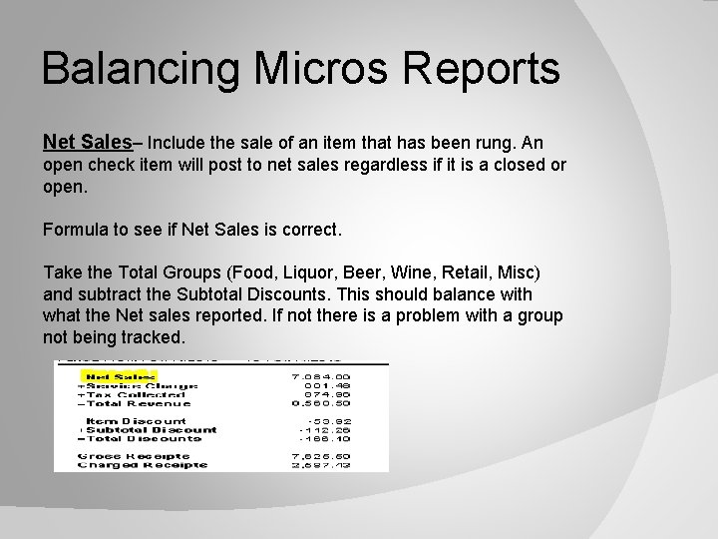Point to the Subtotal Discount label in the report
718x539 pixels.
pyautogui.click(x=141, y=430)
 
